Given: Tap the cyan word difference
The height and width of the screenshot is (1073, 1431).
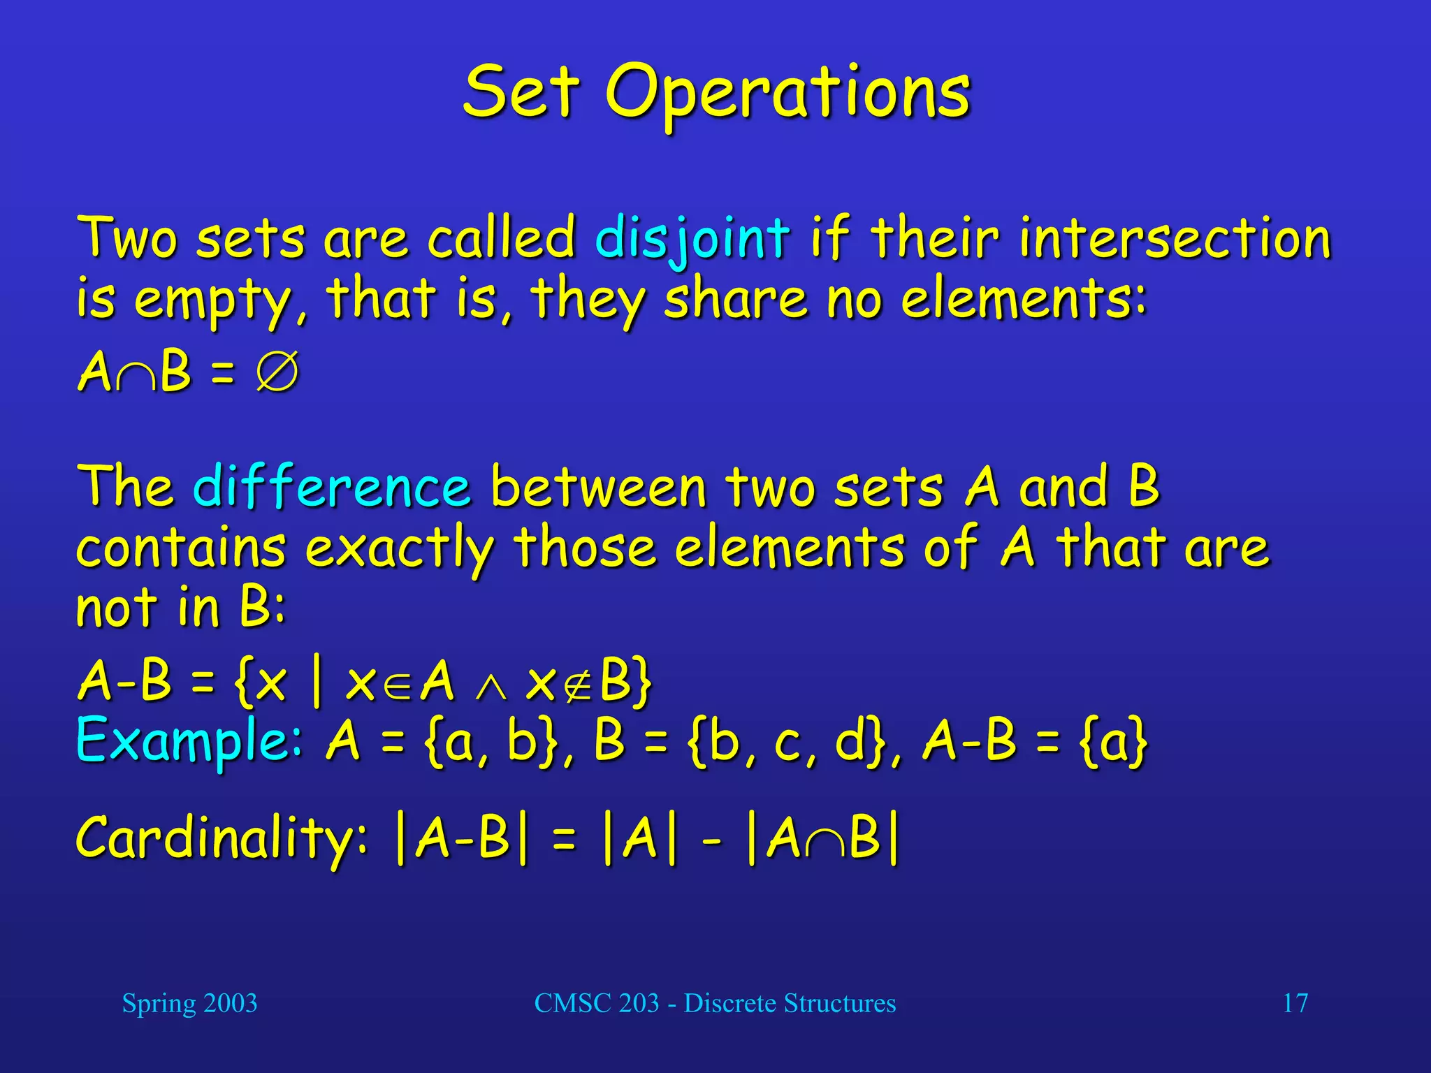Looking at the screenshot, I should (331, 486).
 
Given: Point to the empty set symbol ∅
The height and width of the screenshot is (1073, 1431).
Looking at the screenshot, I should (277, 372).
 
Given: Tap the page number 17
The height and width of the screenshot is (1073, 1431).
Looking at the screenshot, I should (1295, 1003).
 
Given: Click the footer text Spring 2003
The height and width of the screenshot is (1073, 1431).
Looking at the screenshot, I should (189, 1003).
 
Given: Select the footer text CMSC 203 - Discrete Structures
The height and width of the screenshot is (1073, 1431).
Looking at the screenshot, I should (715, 1003).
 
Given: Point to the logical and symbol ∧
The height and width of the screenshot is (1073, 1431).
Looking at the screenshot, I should (491, 687).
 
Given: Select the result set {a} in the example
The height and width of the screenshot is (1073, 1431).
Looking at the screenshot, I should (1114, 742).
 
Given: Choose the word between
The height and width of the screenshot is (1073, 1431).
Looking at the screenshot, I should (597, 486).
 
